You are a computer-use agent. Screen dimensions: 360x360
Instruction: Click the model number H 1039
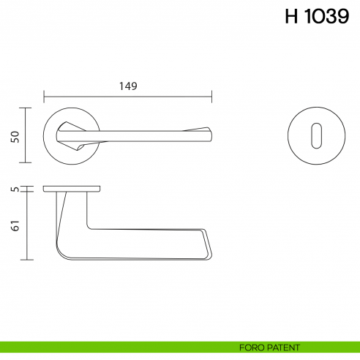316,17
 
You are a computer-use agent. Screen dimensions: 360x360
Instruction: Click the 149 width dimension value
128,86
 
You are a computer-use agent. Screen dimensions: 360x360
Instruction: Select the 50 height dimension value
15,135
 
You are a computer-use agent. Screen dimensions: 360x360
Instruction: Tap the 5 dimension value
15,190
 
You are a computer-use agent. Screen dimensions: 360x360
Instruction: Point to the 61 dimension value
15,227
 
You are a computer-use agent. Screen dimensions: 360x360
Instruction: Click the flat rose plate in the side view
72,190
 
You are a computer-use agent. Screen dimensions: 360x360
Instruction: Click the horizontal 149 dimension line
128,96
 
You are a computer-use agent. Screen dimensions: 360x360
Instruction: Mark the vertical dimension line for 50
27,135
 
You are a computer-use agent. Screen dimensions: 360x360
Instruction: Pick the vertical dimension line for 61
27,227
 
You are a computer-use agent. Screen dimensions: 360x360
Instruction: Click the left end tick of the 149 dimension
44,96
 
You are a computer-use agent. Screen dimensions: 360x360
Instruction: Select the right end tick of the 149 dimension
211,96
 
